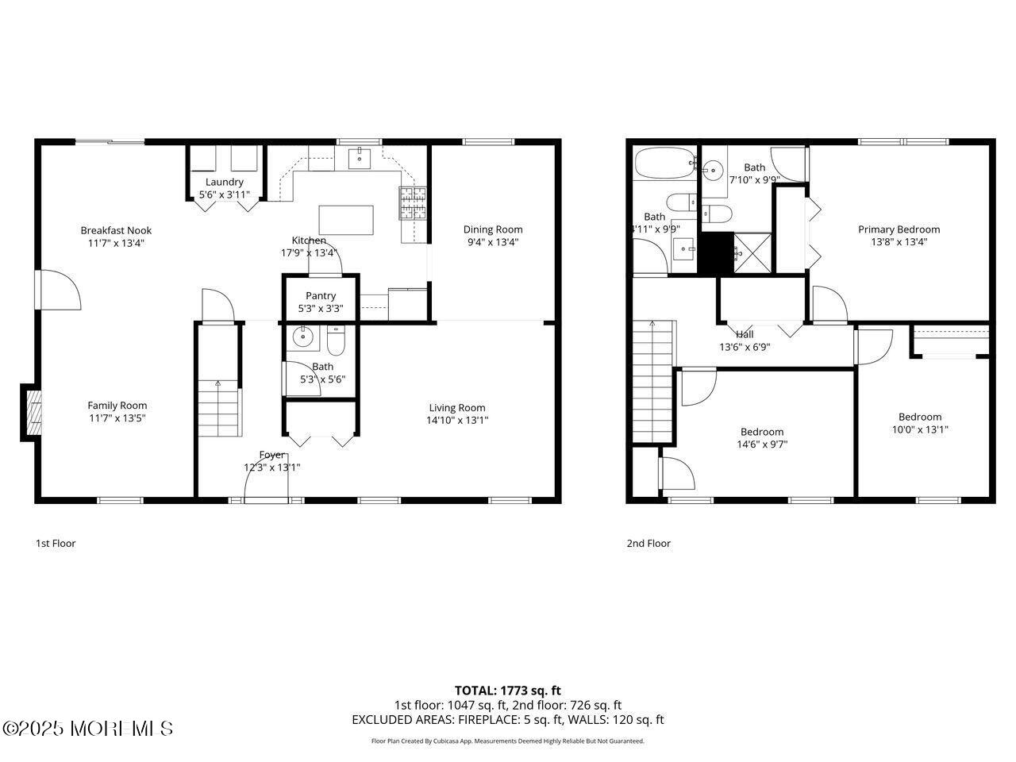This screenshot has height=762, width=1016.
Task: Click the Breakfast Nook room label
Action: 116,231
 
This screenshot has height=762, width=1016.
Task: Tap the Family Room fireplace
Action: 32,412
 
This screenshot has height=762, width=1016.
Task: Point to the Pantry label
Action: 321,296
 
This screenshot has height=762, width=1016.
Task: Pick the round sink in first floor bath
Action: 302,337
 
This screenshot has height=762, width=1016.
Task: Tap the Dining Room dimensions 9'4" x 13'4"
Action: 493,243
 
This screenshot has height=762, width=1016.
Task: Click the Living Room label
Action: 457,408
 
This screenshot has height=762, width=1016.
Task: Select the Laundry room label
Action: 225,182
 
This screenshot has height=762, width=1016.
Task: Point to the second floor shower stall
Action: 752,252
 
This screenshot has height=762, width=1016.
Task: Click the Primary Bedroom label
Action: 899,229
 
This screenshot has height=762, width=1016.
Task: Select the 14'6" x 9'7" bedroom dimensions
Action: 762,444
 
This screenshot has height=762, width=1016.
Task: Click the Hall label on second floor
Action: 745,334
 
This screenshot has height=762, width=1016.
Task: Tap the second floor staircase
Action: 653,381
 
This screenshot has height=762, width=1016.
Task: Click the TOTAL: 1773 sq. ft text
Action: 507,691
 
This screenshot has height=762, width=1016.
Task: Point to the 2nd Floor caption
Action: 648,544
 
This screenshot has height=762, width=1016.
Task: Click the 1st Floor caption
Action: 56,544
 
